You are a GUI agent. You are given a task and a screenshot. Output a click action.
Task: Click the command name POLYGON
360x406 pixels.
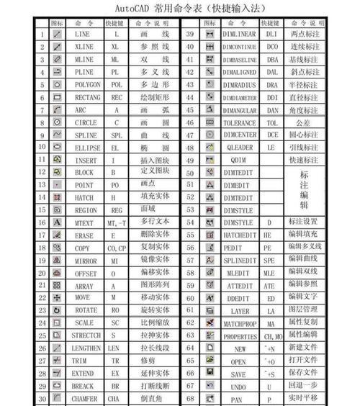coord(84,84)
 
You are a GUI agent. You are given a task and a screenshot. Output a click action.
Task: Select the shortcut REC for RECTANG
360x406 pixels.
coord(116,96)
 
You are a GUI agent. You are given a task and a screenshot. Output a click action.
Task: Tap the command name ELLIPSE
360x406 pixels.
coord(84,146)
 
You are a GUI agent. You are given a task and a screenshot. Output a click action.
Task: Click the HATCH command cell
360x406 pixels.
coord(84,197)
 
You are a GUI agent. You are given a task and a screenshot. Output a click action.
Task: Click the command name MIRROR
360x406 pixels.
coord(84,259)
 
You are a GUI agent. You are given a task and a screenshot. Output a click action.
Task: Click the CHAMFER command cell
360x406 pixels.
coord(84,397)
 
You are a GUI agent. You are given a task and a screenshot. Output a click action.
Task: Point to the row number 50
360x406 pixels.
coord(191,173)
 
